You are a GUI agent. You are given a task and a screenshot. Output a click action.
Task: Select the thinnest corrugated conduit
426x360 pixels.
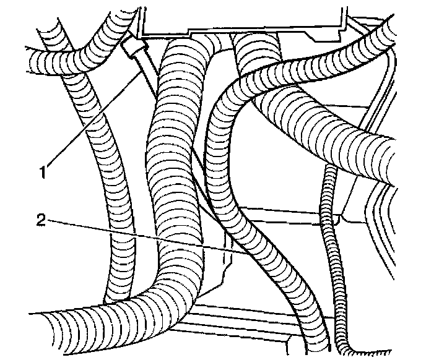click(x=326, y=247)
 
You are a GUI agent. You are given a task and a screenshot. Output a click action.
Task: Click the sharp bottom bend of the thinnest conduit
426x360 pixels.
click(x=344, y=346)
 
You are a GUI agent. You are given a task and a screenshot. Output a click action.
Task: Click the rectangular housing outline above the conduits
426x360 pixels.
click(x=241, y=19)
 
